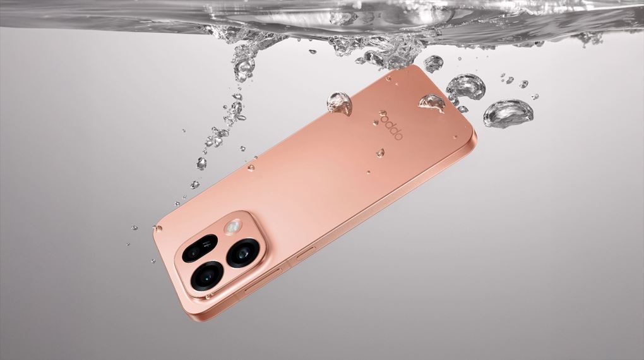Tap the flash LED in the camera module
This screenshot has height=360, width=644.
pos(233,227)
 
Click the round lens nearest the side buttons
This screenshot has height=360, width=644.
pos(242,253)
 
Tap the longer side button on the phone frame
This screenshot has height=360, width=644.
pos(263,280)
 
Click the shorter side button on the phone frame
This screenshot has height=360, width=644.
pos(306,253)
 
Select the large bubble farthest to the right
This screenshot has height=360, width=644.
pos(508,114)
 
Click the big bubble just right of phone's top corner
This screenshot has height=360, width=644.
pos(466,88)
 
